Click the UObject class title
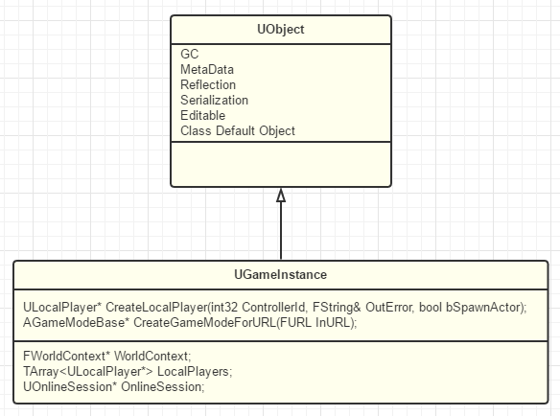click(281, 30)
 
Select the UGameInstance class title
click(280, 274)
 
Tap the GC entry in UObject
click(189, 54)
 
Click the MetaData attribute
click(207, 69)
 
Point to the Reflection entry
click(208, 84)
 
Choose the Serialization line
click(214, 100)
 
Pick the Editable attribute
click(203, 115)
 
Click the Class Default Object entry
click(238, 130)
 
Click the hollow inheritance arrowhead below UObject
click(281, 196)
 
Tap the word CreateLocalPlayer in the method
click(156, 307)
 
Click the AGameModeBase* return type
click(76, 322)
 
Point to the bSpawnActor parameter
click(483, 307)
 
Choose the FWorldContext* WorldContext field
click(107, 356)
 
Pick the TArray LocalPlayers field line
click(128, 371)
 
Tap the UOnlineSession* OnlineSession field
click(114, 386)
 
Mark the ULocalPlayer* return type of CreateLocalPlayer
click(62, 307)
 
